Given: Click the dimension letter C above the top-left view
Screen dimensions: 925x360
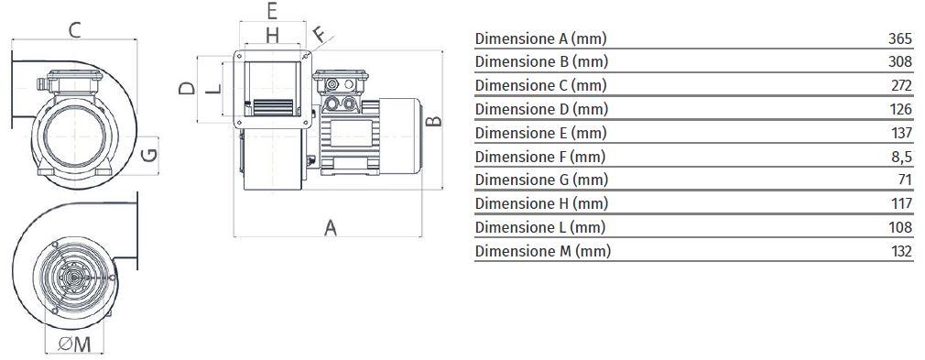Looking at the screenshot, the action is point(74,29).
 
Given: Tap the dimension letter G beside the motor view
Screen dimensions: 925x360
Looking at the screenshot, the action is point(150,155).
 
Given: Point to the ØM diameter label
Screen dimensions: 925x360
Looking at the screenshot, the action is point(75,344).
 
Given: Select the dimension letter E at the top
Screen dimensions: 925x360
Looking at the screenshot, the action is point(272,11).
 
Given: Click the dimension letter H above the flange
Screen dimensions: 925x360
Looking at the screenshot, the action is point(272,36).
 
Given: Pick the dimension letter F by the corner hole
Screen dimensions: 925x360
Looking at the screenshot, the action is point(319,34).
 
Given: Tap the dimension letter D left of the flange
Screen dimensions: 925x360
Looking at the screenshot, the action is point(187,89).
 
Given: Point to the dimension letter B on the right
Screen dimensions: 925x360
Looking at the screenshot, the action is point(433,121).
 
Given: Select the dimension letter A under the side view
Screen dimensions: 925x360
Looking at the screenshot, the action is point(331,227).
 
